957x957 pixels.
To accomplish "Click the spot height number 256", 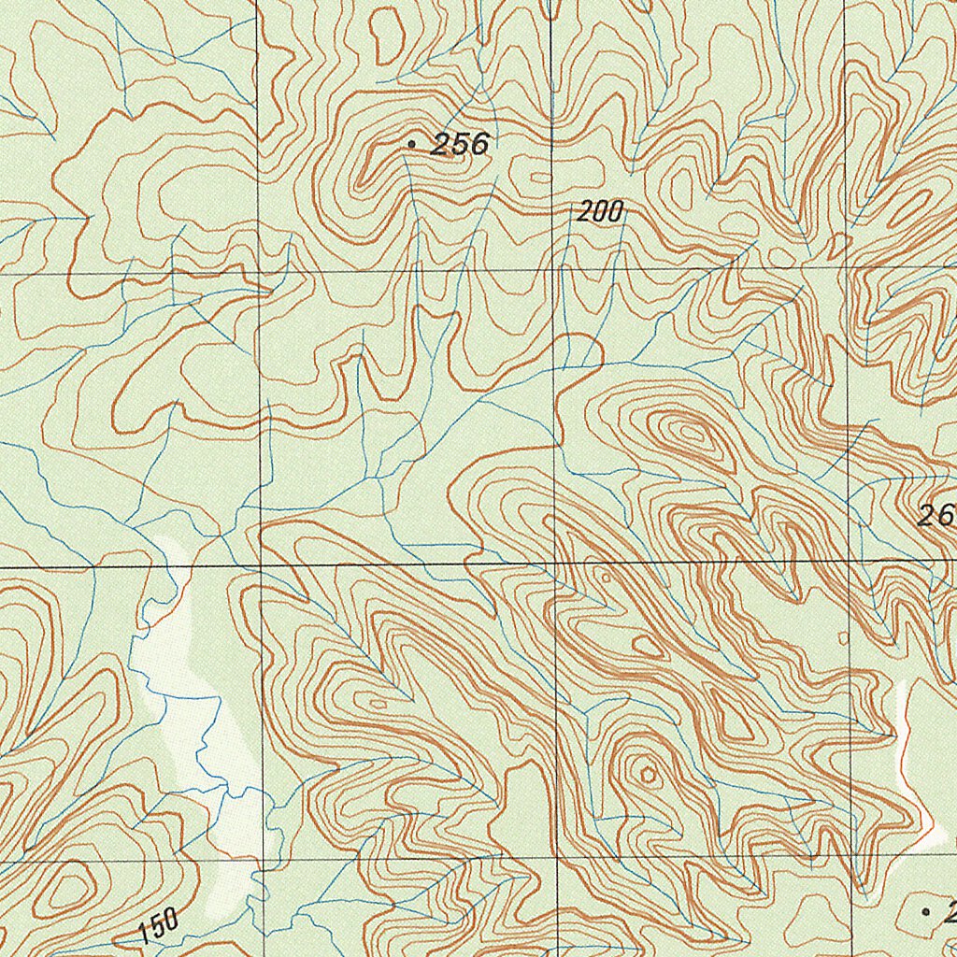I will [459, 144].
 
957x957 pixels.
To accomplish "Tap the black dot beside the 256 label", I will [411, 144].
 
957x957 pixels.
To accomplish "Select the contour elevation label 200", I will [599, 213].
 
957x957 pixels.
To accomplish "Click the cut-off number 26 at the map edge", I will [936, 515].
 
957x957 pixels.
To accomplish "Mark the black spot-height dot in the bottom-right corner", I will [926, 910].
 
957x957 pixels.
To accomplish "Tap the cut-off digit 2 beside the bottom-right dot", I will [949, 912].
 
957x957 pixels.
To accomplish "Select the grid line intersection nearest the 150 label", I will [262, 860].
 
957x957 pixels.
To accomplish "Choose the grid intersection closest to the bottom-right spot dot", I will [850, 857].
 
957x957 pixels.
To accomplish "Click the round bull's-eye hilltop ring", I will [646, 773].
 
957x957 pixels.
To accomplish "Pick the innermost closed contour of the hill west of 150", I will [67, 887].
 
